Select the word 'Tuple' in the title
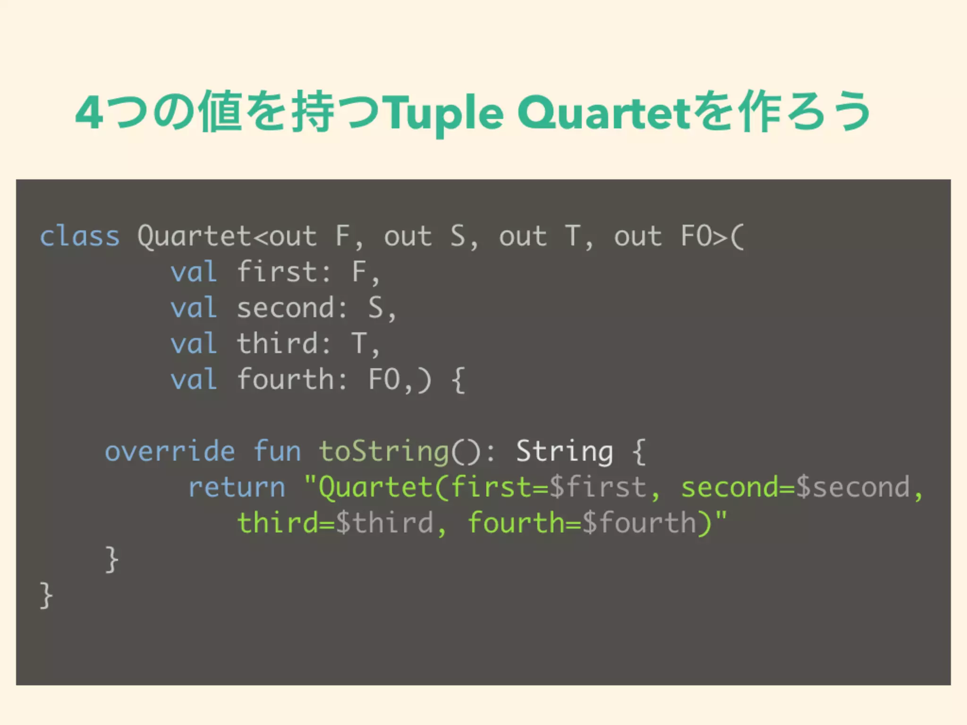click(x=445, y=113)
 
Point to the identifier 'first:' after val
click(x=284, y=272)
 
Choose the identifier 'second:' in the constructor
click(x=292, y=308)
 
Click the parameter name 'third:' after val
click(x=284, y=344)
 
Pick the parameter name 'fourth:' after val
click(x=292, y=379)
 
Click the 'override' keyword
click(x=170, y=451)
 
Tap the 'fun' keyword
click(x=277, y=451)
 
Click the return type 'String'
click(x=564, y=451)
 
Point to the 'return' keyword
click(x=237, y=487)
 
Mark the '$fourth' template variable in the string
click(x=639, y=523)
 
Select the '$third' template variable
click(x=384, y=523)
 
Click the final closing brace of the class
click(x=46, y=596)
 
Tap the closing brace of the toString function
click(x=111, y=560)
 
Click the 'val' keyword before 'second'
click(x=194, y=308)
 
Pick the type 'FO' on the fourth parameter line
click(x=384, y=379)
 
